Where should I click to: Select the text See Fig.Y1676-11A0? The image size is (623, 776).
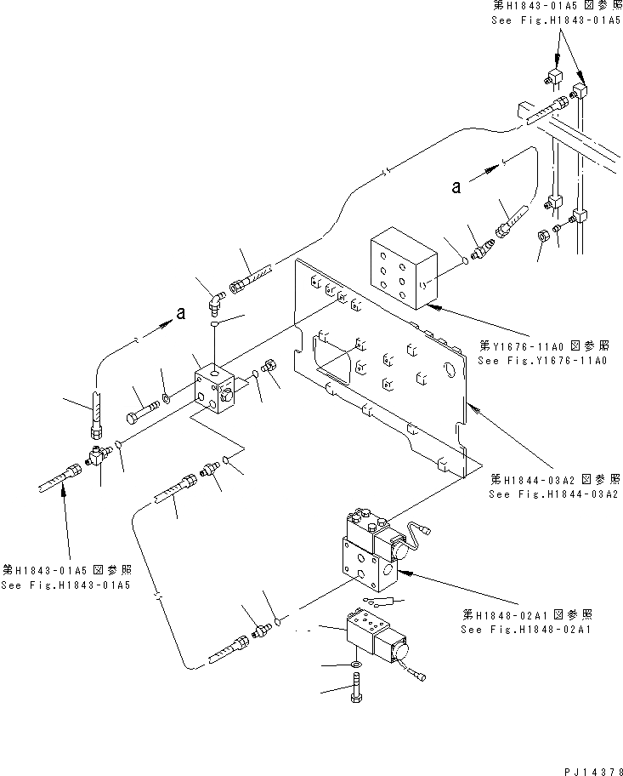(x=542, y=361)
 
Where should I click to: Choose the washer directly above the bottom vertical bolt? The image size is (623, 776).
(x=354, y=664)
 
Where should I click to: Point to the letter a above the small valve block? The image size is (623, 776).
(x=180, y=314)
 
